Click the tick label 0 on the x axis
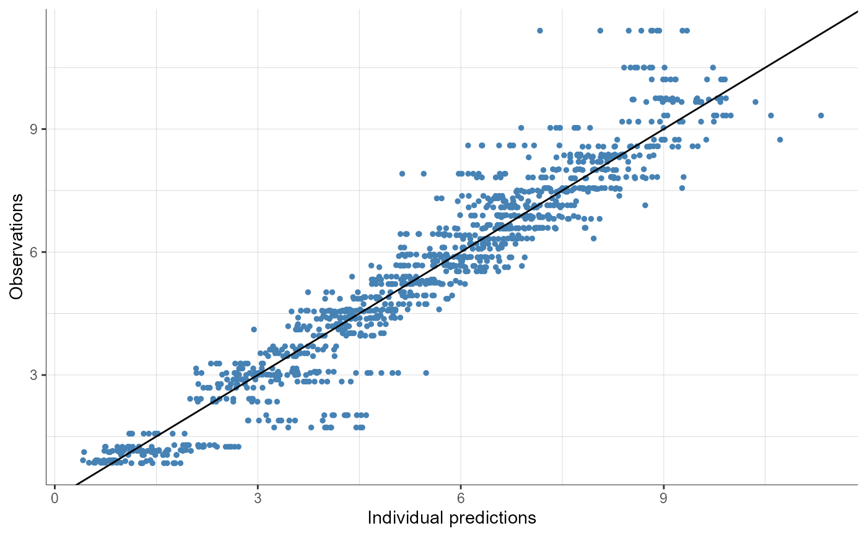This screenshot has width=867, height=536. point(54,498)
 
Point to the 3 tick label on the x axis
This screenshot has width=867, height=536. point(258,498)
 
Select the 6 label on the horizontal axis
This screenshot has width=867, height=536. point(460,498)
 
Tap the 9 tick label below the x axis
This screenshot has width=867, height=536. point(663,498)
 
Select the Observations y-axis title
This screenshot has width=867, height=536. point(17,246)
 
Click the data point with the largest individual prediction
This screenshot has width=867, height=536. point(821,115)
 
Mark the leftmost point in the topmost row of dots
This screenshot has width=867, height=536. point(539,30)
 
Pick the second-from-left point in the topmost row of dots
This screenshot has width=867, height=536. point(600,30)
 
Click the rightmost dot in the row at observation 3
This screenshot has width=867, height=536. point(426,373)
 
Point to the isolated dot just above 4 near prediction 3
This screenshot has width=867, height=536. point(253,329)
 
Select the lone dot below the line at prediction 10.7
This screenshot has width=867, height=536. point(780,139)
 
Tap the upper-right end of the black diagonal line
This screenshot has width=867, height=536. point(857,12)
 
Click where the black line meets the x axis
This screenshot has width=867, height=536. point(77,484)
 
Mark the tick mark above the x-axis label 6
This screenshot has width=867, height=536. point(460,486)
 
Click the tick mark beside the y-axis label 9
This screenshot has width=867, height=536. point(44,129)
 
